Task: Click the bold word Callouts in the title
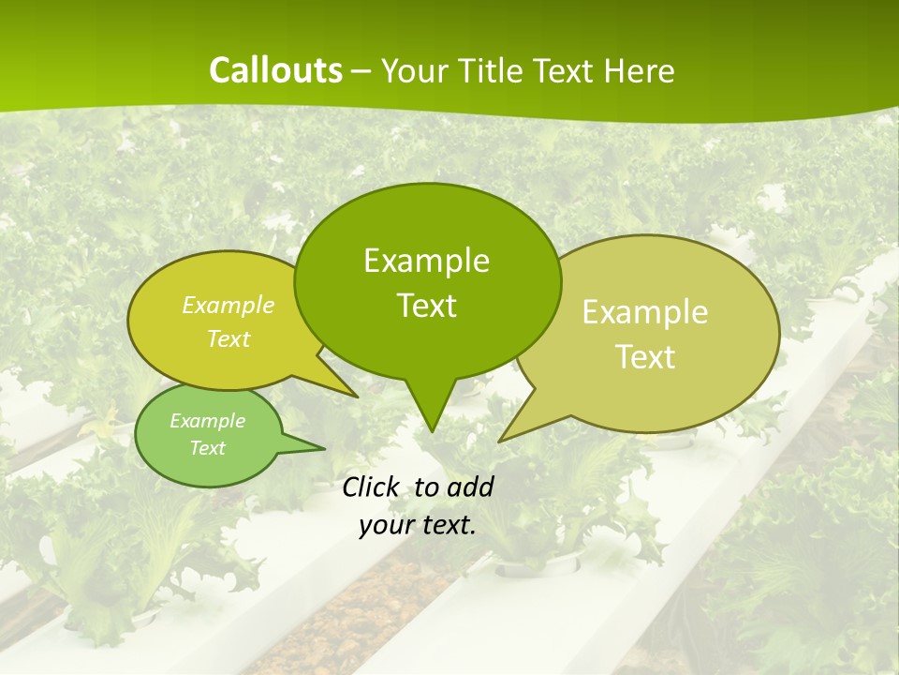click(x=276, y=71)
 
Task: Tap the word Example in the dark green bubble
click(x=427, y=261)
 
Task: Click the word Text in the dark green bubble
click(x=427, y=306)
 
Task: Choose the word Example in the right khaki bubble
click(x=645, y=312)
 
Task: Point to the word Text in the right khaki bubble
click(x=645, y=357)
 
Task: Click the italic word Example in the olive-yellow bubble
click(x=228, y=306)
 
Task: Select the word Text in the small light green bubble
click(x=207, y=448)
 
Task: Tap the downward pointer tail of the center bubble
click(x=431, y=408)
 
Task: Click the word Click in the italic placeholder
click(x=372, y=487)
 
